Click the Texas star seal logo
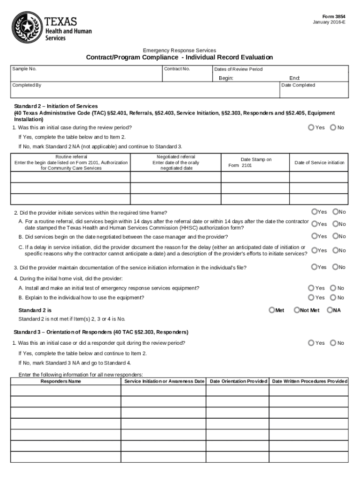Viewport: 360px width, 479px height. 27,27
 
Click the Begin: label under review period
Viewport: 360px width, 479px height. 226,78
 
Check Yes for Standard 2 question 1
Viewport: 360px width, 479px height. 311,127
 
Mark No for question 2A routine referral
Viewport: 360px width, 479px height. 335,224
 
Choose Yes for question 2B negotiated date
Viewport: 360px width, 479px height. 315,236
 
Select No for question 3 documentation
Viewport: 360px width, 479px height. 335,267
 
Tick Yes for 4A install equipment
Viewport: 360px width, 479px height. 311,288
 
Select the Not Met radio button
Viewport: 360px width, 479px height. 296,310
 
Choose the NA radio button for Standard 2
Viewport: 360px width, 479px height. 330,310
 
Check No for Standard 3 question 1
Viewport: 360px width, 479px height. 333,343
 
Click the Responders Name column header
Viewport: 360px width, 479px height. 61,381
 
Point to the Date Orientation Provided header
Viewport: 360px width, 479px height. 238,381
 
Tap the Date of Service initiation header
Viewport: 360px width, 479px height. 319,163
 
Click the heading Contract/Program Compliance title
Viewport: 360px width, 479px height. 180,58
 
